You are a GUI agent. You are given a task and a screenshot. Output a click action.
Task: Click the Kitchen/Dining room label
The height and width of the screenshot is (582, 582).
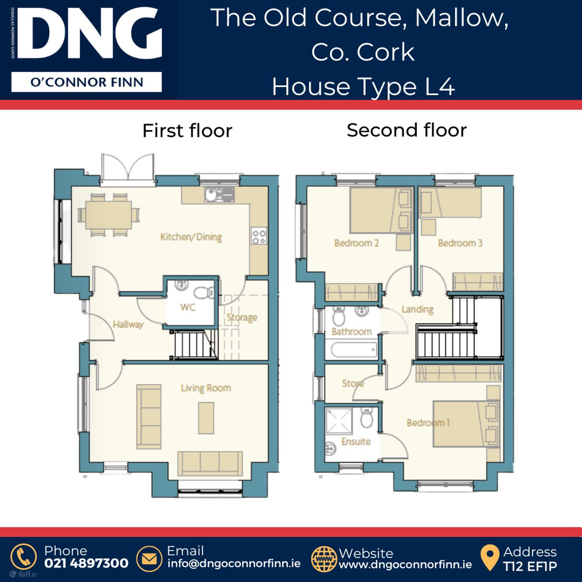[x=191, y=237]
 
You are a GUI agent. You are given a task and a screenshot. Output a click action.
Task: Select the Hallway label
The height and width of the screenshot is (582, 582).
[x=128, y=324]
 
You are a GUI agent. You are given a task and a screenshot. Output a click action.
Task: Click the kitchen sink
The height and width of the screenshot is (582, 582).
[x=219, y=194]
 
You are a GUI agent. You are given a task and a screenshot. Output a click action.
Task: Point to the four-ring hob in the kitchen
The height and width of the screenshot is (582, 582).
[x=259, y=236]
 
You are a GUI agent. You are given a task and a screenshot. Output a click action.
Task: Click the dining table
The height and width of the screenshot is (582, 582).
[x=109, y=215]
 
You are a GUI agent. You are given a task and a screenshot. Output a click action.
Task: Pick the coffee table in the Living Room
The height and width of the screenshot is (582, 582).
[x=206, y=418]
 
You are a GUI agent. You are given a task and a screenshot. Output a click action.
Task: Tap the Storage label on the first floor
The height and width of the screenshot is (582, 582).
[x=242, y=317]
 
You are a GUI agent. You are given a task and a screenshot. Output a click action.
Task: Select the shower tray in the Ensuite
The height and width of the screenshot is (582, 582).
[x=339, y=421]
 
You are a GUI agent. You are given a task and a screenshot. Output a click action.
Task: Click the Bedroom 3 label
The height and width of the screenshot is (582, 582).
[x=460, y=243]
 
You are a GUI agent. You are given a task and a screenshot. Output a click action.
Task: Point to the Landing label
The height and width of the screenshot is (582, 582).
[x=417, y=309]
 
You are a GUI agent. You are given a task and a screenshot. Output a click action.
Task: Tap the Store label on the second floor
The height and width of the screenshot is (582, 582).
[x=352, y=383]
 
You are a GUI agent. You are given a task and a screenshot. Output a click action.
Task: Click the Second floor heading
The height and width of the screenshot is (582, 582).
[x=406, y=130]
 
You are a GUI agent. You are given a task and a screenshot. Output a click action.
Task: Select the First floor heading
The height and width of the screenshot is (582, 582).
[x=187, y=131]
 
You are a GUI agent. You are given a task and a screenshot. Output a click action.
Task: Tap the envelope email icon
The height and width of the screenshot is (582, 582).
[x=149, y=559]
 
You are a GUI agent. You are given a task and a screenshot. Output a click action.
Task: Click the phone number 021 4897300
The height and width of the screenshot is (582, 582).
[x=86, y=563]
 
